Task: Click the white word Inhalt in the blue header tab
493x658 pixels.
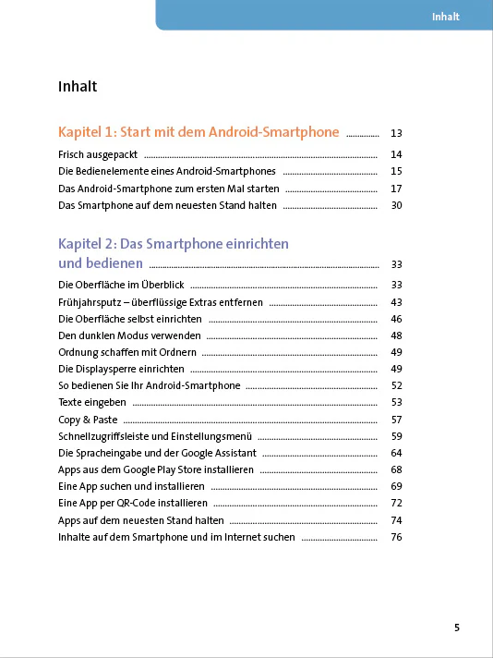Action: pyautogui.click(x=446, y=17)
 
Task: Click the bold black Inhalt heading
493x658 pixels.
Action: pyautogui.click(x=78, y=88)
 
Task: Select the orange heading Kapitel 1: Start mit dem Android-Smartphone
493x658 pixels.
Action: pyautogui.click(x=198, y=132)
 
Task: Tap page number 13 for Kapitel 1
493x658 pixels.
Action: pyautogui.click(x=397, y=133)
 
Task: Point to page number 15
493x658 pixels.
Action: pyautogui.click(x=397, y=171)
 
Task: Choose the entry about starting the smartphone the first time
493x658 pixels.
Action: pyautogui.click(x=168, y=189)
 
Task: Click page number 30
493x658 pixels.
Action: pyautogui.click(x=397, y=205)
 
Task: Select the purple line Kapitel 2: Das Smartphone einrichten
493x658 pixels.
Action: pyautogui.click(x=174, y=244)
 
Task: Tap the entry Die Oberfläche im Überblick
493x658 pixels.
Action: pyautogui.click(x=120, y=285)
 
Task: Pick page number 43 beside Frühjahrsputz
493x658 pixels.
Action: pyautogui.click(x=397, y=302)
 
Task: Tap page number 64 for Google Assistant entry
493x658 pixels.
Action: pyautogui.click(x=397, y=453)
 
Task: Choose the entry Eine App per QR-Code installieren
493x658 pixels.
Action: pyautogui.click(x=132, y=503)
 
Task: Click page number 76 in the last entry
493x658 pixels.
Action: pyautogui.click(x=397, y=537)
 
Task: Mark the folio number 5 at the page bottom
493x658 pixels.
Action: pyautogui.click(x=456, y=628)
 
